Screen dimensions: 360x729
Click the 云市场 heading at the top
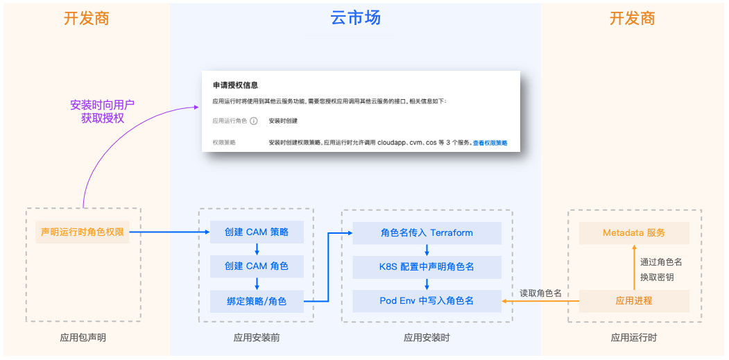tap(355, 18)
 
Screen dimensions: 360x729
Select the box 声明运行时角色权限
tap(83, 232)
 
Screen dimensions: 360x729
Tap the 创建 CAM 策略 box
tap(257, 232)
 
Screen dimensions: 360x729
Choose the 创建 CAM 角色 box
tap(257, 266)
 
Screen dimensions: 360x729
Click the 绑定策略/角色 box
tap(257, 301)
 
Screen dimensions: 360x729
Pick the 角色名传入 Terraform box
tap(427, 232)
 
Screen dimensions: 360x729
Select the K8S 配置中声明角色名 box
tap(427, 266)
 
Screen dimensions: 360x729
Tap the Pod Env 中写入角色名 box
tap(427, 301)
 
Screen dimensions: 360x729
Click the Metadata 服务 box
tap(634, 232)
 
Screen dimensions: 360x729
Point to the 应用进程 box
tap(634, 301)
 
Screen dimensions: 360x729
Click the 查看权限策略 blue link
tap(490, 143)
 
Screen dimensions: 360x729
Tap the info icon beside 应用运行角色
tap(254, 121)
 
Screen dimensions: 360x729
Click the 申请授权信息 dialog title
tap(235, 85)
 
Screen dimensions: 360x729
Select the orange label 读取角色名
tap(540, 293)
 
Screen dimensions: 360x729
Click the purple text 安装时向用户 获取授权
tap(102, 112)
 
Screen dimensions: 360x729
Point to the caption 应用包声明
tap(83, 338)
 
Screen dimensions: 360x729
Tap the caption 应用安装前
tap(257, 338)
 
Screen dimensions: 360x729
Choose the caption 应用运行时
tap(634, 338)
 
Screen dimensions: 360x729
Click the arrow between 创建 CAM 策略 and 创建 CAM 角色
tap(257, 249)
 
